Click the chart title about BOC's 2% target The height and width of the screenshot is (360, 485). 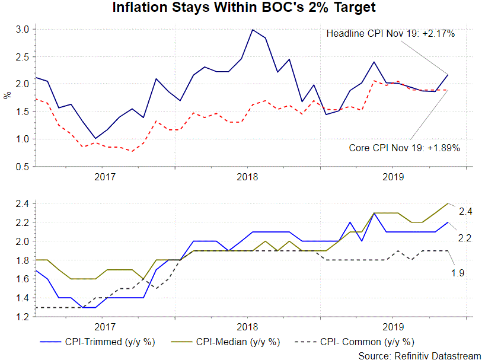pos(243,8)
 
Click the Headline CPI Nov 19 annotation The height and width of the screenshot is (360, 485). pos(390,34)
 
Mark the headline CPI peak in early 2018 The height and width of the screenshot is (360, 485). pos(253,30)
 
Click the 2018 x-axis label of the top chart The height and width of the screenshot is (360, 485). pos(247,176)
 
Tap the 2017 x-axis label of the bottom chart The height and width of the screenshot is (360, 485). pos(104,326)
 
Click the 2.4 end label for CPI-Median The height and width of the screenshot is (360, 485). pos(464,211)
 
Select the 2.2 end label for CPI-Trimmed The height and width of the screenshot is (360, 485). pos(464,238)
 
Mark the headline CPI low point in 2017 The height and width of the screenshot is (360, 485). pos(95,139)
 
